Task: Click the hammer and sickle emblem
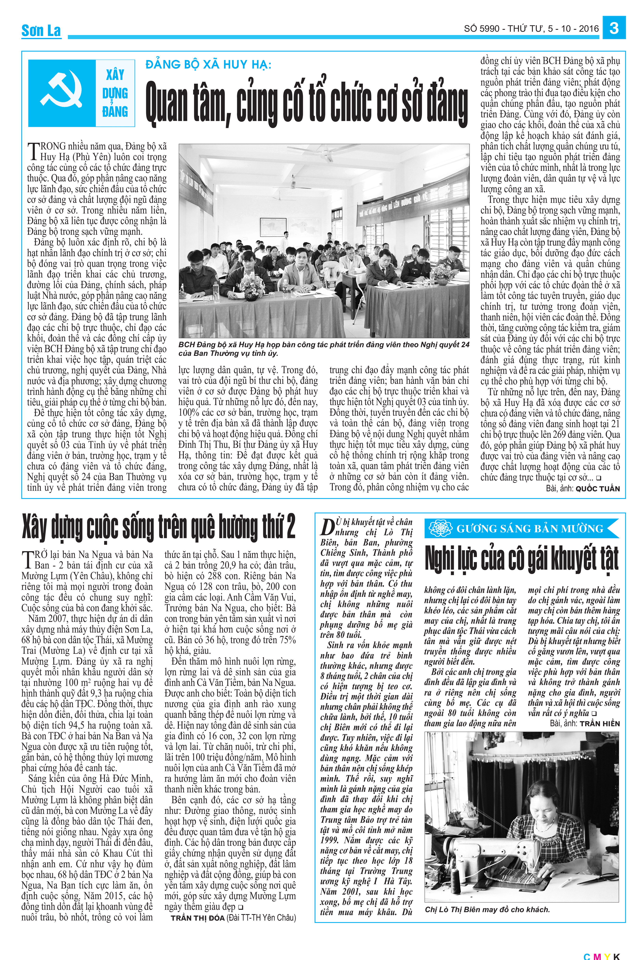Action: tap(61, 92)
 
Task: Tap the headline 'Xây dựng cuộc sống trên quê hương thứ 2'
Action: tap(158, 527)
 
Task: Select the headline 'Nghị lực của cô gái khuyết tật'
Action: tap(522, 558)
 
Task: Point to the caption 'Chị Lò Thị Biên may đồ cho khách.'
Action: tap(487, 909)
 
